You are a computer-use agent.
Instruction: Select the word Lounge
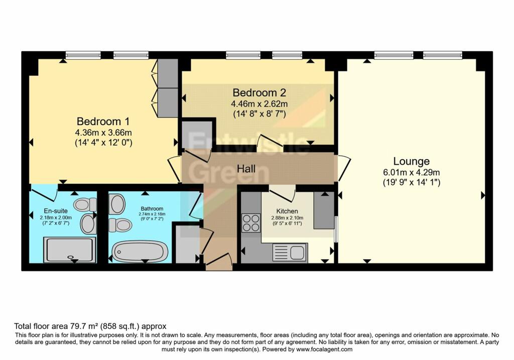click(411, 161)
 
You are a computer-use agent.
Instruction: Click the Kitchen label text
click(287, 211)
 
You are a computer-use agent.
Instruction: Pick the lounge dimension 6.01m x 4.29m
click(411, 172)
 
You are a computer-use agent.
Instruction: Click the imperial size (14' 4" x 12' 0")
click(103, 143)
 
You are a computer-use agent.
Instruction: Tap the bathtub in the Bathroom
click(139, 251)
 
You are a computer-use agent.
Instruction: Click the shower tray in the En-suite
click(69, 250)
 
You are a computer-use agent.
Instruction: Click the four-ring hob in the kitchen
click(249, 222)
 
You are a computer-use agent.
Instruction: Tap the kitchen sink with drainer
click(290, 253)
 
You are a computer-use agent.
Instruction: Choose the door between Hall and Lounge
click(343, 168)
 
